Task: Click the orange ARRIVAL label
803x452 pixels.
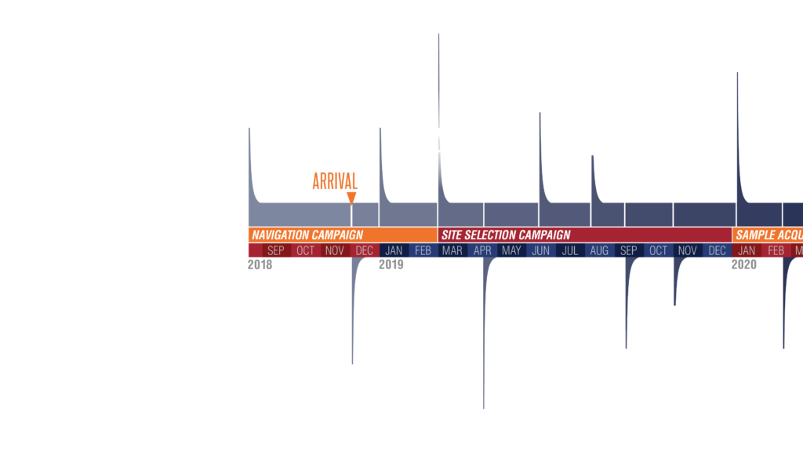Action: click(x=335, y=180)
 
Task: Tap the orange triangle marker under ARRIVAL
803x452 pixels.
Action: click(x=351, y=198)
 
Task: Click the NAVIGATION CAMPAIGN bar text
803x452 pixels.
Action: click(x=307, y=235)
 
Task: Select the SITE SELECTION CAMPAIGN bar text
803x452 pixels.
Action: click(x=506, y=235)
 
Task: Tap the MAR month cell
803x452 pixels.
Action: click(x=452, y=250)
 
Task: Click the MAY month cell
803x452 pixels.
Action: click(x=511, y=250)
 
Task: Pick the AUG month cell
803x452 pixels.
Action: click(x=599, y=250)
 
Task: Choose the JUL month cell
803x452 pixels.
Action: click(x=570, y=250)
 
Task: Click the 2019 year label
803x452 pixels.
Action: click(x=391, y=265)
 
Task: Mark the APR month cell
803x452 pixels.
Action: click(x=482, y=250)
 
